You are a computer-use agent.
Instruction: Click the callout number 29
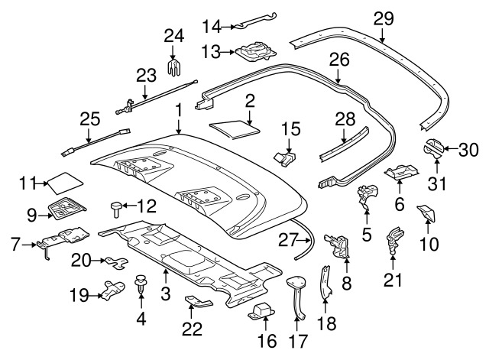(384, 18)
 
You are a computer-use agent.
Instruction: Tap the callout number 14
(212, 27)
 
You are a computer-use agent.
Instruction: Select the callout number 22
(192, 329)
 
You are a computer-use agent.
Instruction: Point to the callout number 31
(437, 183)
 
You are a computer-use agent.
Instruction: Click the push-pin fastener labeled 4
(141, 283)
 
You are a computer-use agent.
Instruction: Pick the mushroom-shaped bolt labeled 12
(116, 209)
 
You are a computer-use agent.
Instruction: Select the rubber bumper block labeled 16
(261, 311)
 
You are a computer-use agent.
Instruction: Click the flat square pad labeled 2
(235, 128)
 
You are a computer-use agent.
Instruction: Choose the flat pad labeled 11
(64, 183)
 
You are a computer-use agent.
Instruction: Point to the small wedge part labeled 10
(426, 213)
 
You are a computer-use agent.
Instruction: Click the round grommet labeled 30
(433, 147)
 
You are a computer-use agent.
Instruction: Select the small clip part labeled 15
(285, 157)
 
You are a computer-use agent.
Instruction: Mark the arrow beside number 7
(29, 245)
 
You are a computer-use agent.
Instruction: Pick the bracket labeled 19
(112, 290)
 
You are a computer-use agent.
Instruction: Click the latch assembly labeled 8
(337, 245)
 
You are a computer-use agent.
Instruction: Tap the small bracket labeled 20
(116, 263)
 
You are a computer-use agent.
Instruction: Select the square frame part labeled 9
(67, 207)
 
